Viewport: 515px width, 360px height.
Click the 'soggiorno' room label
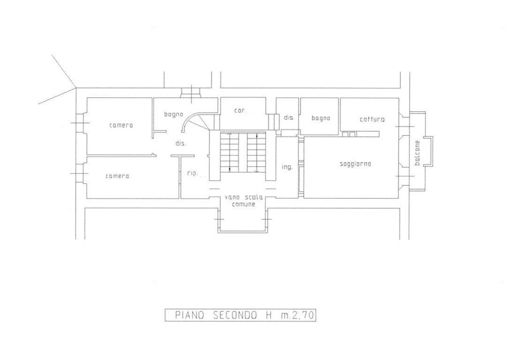click(x=355, y=164)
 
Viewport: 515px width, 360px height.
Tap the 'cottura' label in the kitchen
click(x=372, y=120)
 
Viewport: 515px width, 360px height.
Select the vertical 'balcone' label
click(x=417, y=153)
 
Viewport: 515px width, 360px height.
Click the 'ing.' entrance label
click(x=287, y=167)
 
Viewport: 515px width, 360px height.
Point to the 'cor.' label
click(x=241, y=111)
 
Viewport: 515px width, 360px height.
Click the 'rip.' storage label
click(x=193, y=173)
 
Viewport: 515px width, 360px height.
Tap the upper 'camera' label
click(x=121, y=125)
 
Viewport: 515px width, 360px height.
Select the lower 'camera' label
click(x=117, y=176)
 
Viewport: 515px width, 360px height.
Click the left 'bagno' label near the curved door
click(x=174, y=114)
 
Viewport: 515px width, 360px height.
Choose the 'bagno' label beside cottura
click(x=320, y=119)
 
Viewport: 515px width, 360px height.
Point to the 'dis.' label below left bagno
click(x=181, y=143)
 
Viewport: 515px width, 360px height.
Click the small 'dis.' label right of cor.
click(x=288, y=118)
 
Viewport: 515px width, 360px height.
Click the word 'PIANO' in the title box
click(x=189, y=315)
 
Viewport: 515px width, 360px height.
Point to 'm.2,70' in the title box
click(x=297, y=315)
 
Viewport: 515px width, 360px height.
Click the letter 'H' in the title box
click(x=269, y=315)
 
